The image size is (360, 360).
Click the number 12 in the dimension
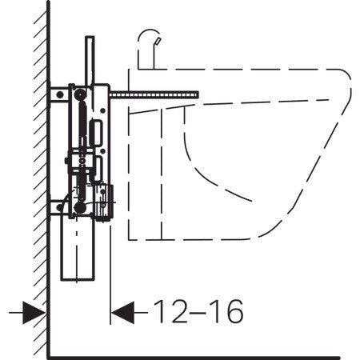170,311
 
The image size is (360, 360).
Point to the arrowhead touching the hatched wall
34,313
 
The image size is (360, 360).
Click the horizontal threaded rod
154,95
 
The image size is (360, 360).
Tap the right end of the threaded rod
198,95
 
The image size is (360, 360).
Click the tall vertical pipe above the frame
90,61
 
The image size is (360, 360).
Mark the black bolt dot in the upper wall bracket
60,94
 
